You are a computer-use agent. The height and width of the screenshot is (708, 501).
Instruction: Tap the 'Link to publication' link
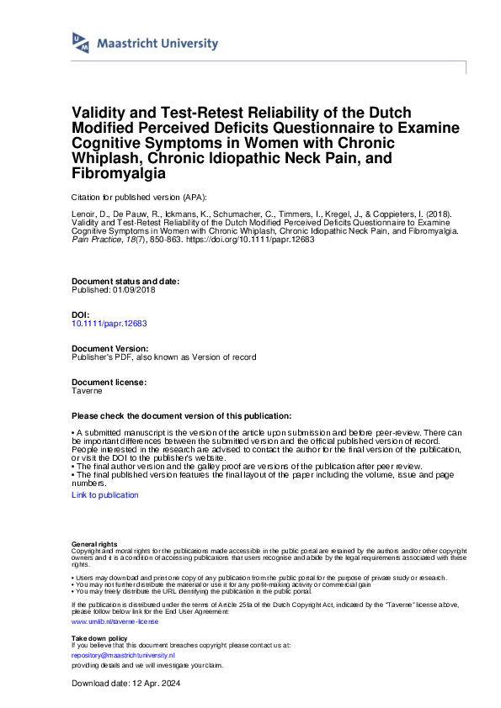105,495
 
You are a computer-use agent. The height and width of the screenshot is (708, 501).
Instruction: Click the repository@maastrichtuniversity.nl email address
123,654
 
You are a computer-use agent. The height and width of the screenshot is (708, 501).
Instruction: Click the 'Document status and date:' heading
125,282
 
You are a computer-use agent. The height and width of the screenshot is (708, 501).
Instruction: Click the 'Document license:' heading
109,382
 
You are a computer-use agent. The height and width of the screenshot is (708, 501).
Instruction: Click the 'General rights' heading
94,545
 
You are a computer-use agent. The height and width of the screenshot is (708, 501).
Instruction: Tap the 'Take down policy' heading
100,639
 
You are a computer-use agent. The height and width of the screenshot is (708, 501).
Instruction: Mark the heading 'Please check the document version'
181,416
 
